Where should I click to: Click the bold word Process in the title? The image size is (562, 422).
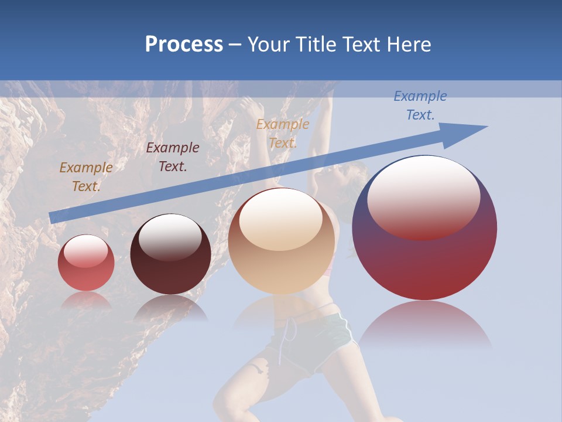tap(184, 45)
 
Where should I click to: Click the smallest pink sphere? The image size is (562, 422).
tap(86, 263)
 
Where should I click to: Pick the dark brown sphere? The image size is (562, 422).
tap(170, 254)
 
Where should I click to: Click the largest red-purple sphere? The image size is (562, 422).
tap(424, 229)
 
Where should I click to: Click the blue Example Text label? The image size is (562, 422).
tap(420, 105)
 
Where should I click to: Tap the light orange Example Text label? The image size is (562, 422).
tap(283, 133)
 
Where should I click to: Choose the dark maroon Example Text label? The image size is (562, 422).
tap(173, 156)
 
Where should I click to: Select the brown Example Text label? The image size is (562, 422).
tap(86, 176)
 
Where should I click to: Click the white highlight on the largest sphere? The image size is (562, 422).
tap(423, 196)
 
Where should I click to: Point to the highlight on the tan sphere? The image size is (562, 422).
tap(281, 220)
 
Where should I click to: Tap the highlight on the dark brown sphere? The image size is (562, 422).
tap(170, 237)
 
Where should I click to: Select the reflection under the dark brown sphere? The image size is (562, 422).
tap(170, 308)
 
